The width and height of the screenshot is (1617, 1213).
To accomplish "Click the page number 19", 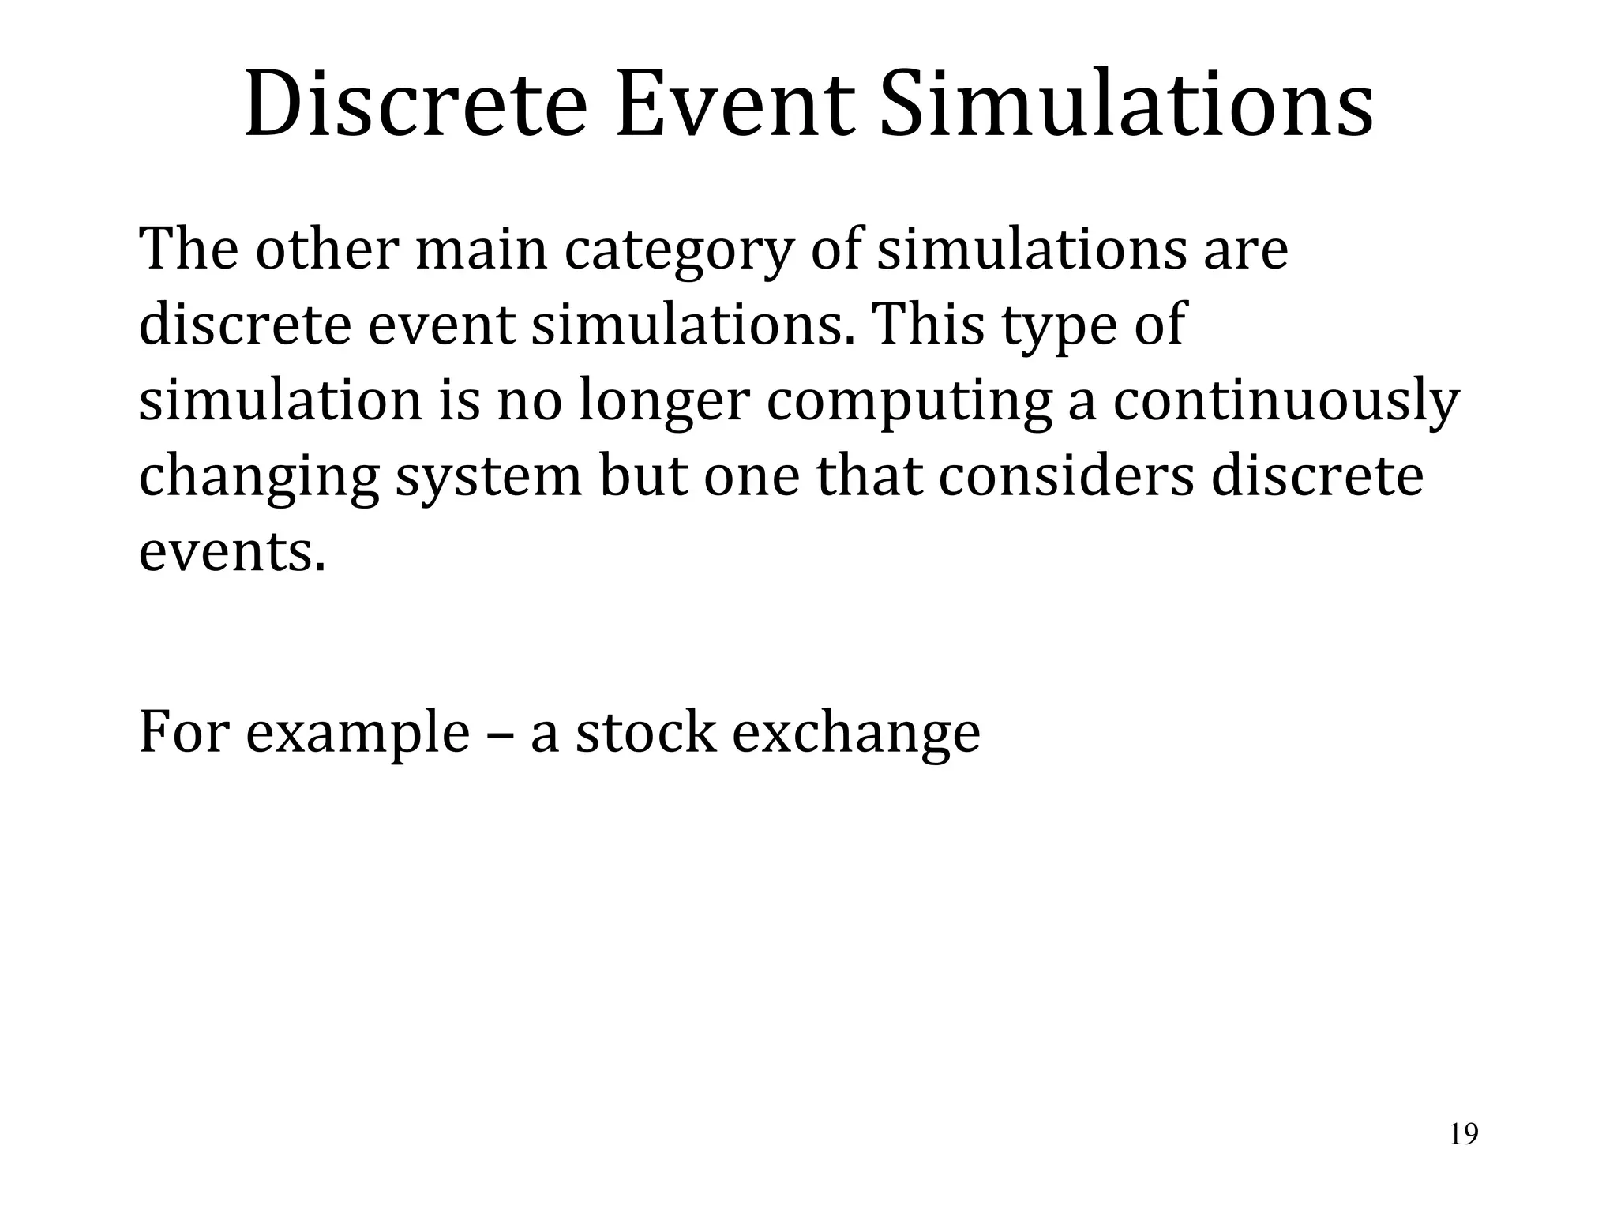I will click(1464, 1134).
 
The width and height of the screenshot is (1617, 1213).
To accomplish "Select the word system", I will click(488, 478).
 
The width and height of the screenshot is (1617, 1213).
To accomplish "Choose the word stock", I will click(645, 731).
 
